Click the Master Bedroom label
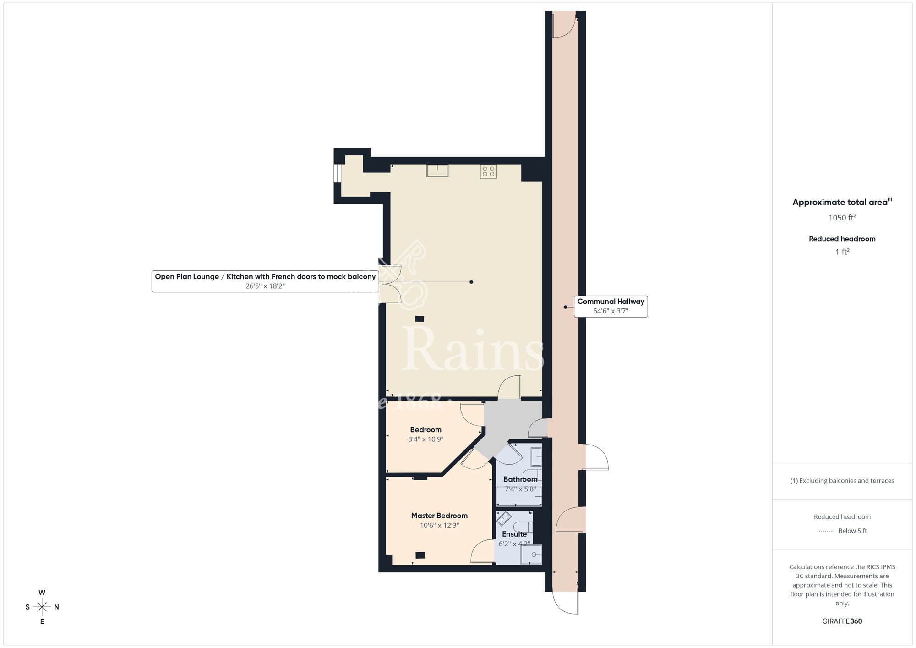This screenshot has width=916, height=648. pos(439,516)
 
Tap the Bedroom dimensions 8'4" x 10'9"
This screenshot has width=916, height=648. pos(425,439)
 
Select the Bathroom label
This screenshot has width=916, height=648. pos(520,479)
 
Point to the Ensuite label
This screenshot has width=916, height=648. pos(514,534)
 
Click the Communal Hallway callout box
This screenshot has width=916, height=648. pos(611,306)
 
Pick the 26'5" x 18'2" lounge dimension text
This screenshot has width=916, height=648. pos(265,286)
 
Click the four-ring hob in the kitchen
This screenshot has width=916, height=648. pos(488,171)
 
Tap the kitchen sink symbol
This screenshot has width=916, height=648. pos(437,170)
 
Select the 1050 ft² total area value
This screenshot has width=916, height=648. pos(842,218)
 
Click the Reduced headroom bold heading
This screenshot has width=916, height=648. pos(842,239)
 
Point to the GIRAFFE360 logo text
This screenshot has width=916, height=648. pos(842,621)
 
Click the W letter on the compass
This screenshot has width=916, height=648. pos(42,593)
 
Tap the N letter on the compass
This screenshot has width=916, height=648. pos(56,607)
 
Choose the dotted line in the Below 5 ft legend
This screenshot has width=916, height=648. pos(825,531)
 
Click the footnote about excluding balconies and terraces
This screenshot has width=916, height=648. pos(842,481)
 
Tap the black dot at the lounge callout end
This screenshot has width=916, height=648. pos(471,282)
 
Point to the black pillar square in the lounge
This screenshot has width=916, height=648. pos(419,319)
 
